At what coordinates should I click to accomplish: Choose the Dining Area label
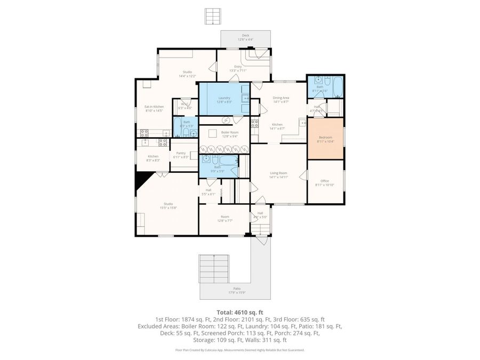tap(281, 99)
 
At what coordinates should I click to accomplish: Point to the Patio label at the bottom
tap(237, 289)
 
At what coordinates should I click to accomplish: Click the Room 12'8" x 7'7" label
tap(225, 219)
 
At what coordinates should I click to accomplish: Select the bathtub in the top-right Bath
tap(337, 85)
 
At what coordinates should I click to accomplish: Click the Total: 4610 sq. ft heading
tap(239, 313)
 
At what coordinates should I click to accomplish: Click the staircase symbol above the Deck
tap(212, 15)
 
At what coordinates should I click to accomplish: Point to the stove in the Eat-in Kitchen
tap(163, 142)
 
